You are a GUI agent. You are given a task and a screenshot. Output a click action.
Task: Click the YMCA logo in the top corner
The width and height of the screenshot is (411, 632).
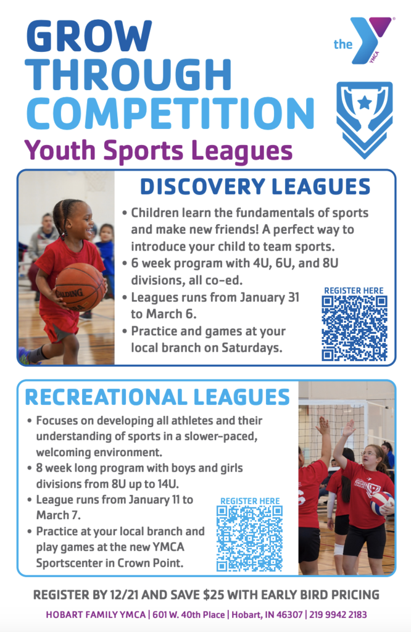coord(363,41)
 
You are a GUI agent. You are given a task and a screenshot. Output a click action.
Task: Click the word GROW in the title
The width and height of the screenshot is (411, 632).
coord(89,38)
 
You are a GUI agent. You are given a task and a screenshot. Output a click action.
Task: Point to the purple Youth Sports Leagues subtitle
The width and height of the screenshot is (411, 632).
coord(157,150)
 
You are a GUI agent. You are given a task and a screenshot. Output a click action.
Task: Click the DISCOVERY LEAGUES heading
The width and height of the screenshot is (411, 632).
coord(255,186)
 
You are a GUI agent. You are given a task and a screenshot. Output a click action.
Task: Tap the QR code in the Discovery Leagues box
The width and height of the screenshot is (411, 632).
coord(354,328)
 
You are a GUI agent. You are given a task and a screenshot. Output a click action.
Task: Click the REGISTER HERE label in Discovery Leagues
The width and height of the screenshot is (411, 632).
coord(354,291)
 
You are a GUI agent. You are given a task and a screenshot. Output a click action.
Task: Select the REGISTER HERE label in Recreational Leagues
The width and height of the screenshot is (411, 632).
coord(249,501)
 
